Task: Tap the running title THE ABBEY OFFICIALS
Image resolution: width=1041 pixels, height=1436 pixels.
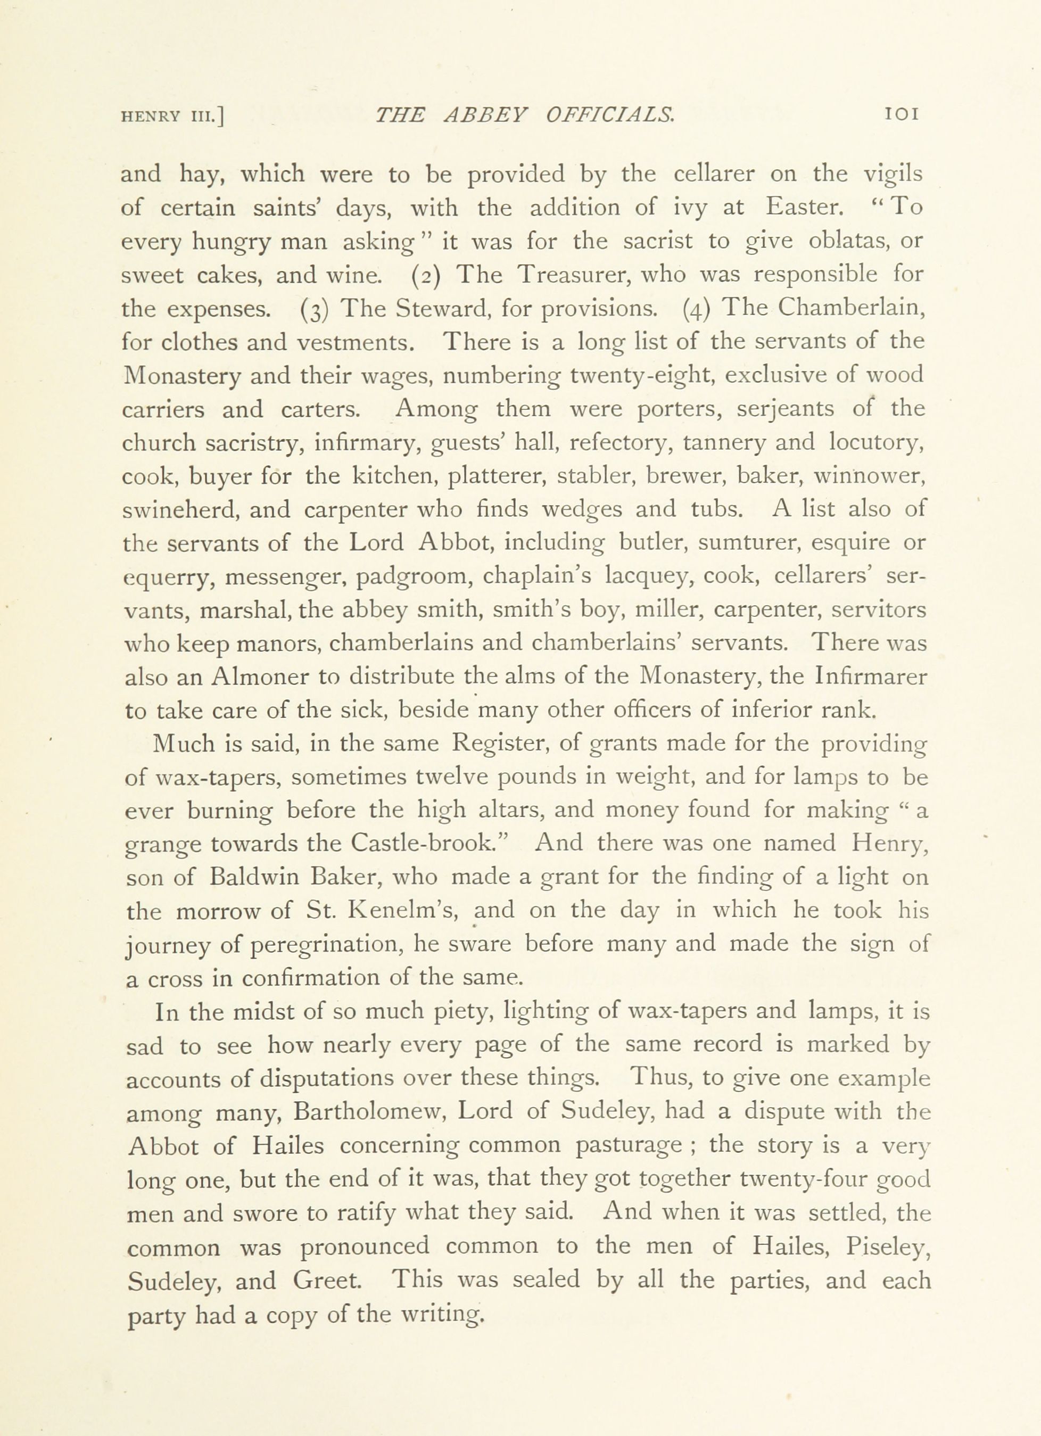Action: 525,114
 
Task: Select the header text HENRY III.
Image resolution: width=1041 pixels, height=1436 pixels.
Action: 173,116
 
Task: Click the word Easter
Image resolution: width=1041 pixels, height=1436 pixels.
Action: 803,208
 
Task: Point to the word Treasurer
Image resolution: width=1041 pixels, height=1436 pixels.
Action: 575,274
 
